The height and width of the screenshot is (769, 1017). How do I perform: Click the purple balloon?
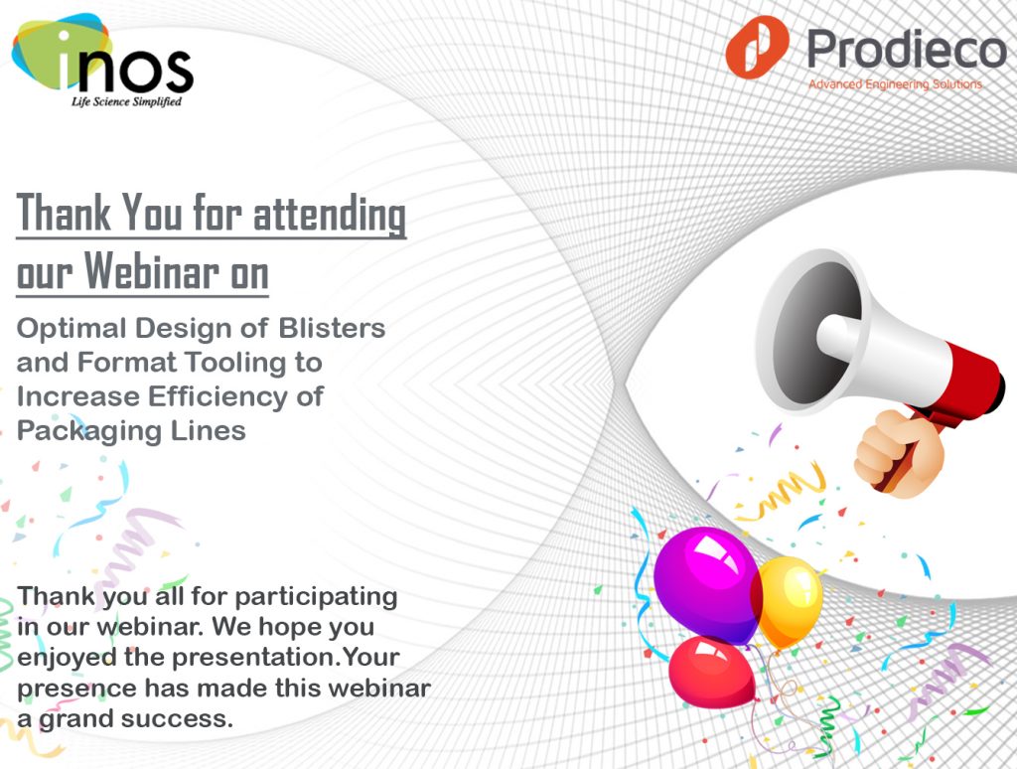tap(707, 584)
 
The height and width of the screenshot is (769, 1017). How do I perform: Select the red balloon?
tap(712, 673)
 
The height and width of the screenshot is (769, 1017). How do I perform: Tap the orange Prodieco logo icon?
tap(757, 48)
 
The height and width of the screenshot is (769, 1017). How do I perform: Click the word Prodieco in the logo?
tap(906, 50)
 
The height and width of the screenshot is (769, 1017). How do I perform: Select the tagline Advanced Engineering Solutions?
tap(895, 84)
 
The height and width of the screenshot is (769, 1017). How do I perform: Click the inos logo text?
tap(126, 65)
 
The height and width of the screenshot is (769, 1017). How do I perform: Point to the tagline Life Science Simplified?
tap(126, 102)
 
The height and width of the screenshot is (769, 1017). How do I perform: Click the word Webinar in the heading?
tap(152, 270)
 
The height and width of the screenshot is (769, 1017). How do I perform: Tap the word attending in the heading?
tap(330, 213)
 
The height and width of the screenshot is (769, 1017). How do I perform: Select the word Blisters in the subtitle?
tap(332, 328)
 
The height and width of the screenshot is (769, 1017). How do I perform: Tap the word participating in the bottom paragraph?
tap(316, 597)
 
